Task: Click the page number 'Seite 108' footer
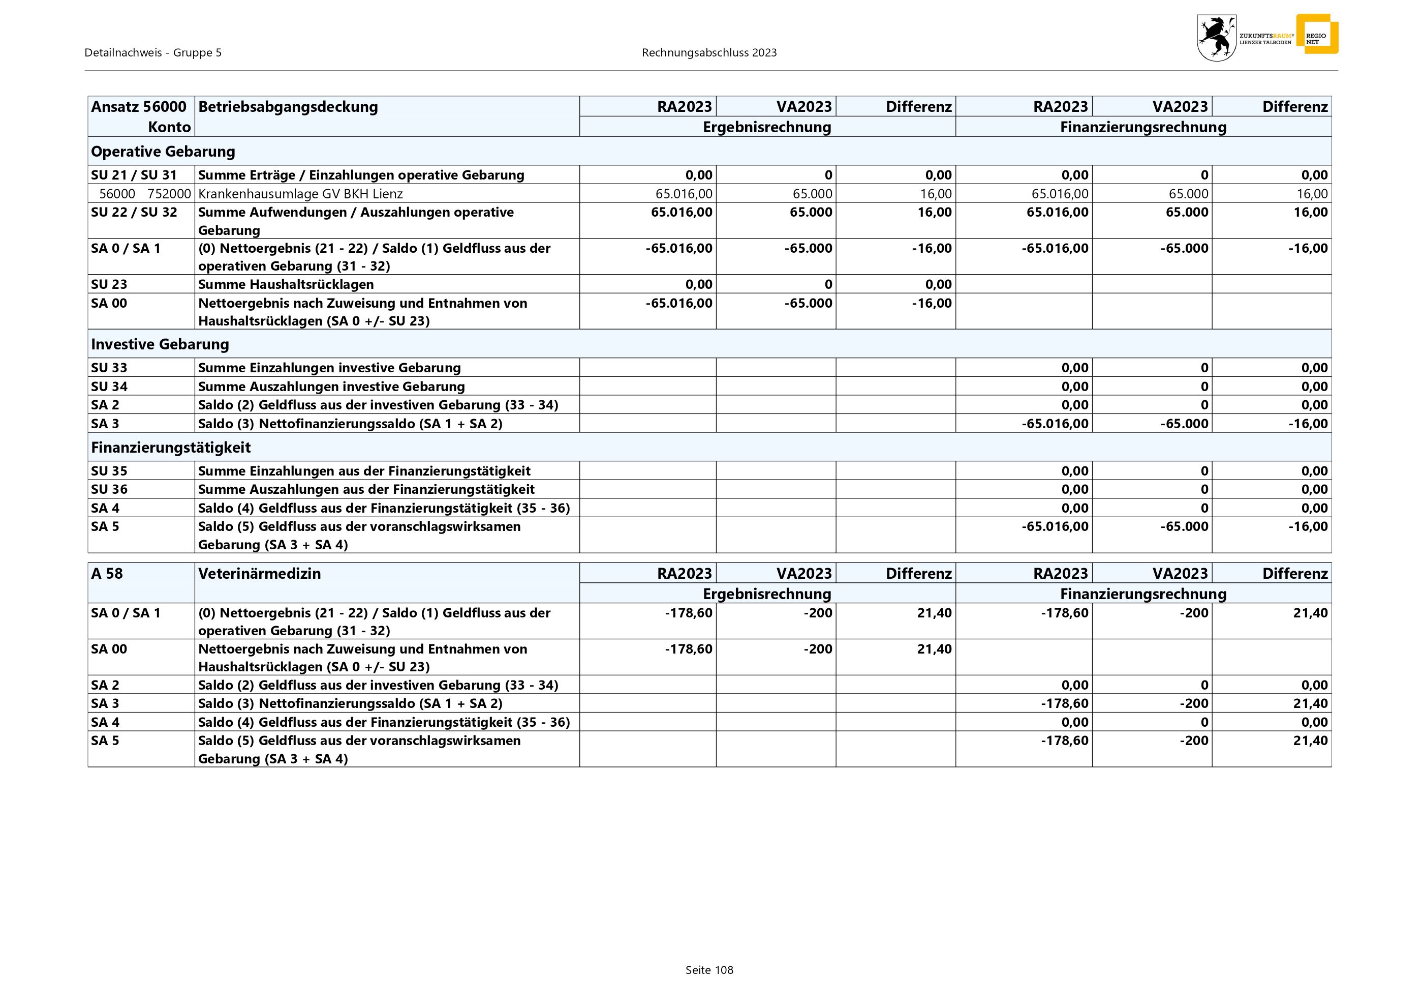click(709, 970)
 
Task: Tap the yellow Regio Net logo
click(1316, 34)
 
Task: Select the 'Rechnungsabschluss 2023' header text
click(709, 53)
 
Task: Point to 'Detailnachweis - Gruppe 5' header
click(153, 53)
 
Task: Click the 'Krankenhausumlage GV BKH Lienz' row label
click(300, 193)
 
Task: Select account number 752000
click(169, 193)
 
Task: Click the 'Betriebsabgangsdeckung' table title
click(288, 107)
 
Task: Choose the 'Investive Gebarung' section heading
click(160, 344)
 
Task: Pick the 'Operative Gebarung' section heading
click(163, 151)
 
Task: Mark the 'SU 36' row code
click(109, 489)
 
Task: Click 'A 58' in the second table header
click(107, 574)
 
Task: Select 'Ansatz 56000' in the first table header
click(138, 107)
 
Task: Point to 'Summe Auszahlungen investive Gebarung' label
click(331, 387)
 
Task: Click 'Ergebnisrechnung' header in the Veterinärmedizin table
click(767, 594)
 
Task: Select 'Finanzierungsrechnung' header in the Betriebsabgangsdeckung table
click(1143, 127)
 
